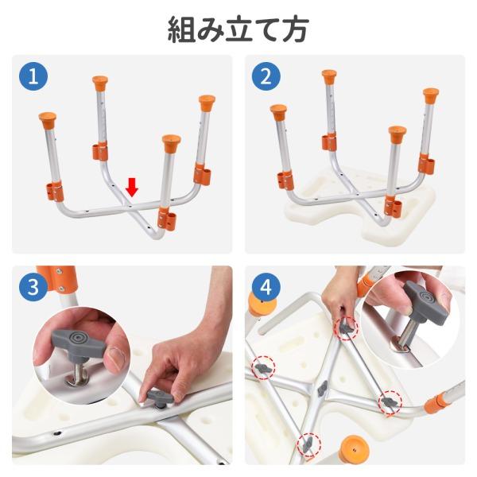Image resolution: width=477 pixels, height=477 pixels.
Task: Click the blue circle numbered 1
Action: [33, 76]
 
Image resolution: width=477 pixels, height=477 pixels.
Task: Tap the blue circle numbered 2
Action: [266, 76]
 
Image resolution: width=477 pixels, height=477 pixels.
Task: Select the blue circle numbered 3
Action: [33, 287]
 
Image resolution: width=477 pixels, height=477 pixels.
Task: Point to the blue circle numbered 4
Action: [266, 287]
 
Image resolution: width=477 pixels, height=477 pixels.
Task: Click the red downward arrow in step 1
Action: [132, 188]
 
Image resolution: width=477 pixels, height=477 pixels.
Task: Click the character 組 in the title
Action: [181, 29]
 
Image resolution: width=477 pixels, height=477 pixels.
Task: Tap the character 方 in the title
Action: [295, 29]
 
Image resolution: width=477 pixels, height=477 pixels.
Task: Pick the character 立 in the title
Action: [238, 29]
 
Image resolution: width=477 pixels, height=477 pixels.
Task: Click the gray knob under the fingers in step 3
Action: [160, 397]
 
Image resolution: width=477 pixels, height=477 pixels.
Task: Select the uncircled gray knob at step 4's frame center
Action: [323, 389]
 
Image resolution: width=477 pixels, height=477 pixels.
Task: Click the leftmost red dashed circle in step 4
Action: [263, 367]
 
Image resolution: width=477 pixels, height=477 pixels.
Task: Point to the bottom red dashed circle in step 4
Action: [309, 444]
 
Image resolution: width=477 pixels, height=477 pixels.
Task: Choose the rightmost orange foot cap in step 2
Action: [431, 96]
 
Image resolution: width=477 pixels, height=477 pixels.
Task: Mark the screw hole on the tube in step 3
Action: [57, 433]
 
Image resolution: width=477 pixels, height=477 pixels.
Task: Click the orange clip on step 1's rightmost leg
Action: [202, 175]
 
